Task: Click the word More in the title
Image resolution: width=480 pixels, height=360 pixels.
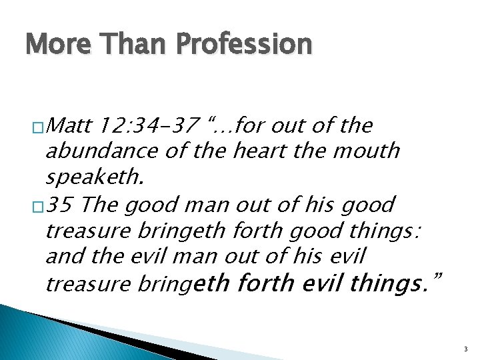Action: click(x=52, y=44)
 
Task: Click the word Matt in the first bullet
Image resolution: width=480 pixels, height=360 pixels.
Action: click(x=71, y=125)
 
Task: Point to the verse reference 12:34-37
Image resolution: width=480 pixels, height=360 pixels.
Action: click(x=148, y=125)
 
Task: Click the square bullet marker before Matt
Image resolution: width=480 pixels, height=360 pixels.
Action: click(x=38, y=127)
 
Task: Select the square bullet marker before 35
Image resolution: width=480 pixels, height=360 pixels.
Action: click(x=38, y=205)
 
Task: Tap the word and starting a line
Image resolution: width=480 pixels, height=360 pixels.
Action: click(x=63, y=257)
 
